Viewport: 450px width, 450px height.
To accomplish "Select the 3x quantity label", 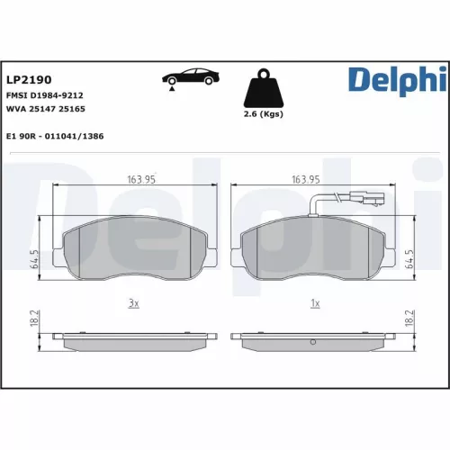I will coord(133,303).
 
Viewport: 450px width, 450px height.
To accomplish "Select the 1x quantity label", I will coord(315,303).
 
